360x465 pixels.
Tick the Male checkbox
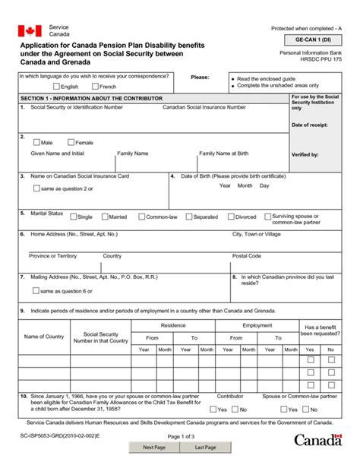click(x=36, y=142)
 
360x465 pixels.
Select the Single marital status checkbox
click(x=73, y=217)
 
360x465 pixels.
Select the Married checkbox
click(x=105, y=217)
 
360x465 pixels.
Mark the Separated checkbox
click(x=188, y=217)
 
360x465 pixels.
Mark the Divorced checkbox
click(x=231, y=217)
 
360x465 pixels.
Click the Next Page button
click(x=154, y=448)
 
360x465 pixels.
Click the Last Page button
click(x=205, y=448)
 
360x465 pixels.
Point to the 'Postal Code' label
click(x=247, y=256)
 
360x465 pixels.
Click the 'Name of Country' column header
click(x=44, y=336)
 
